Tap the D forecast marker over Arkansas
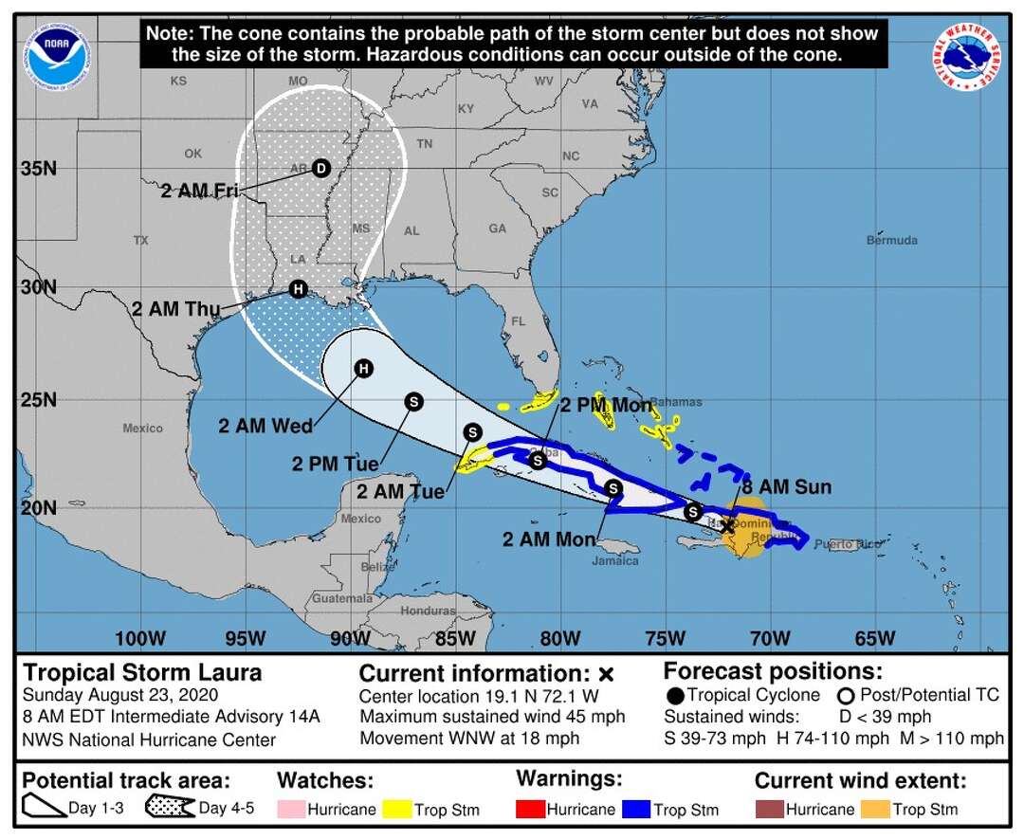click(320, 168)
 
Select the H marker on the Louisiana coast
click(298, 289)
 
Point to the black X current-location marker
click(727, 525)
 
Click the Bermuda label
click(891, 240)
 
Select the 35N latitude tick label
click(38, 169)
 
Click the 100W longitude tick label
click(139, 638)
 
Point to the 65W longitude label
click(874, 638)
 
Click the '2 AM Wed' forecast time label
click(265, 427)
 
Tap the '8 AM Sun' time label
click(786, 487)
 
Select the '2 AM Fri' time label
click(199, 191)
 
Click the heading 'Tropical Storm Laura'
click(142, 673)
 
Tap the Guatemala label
click(343, 598)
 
